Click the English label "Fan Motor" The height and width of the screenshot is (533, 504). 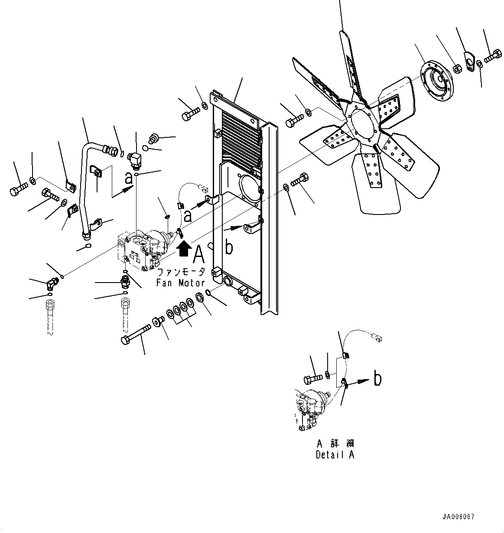click(181, 283)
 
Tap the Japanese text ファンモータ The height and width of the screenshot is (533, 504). click(181, 273)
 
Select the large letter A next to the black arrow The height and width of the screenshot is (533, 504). click(198, 254)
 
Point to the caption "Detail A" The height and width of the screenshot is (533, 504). click(335, 455)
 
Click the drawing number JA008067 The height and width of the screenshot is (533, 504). click(458, 517)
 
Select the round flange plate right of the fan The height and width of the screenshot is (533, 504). click(437, 81)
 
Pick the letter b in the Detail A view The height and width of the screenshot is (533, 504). click(377, 379)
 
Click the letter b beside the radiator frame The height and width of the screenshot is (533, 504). click(229, 247)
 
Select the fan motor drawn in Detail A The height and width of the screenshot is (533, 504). click(311, 409)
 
